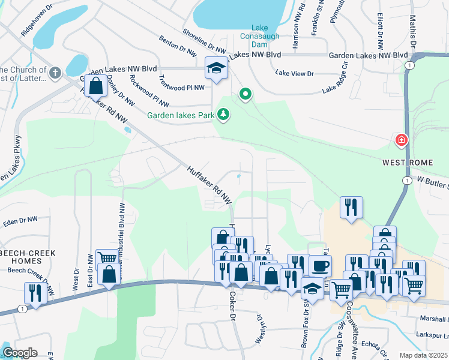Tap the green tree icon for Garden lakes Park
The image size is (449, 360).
pos(223,114)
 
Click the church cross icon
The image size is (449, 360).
pos(55,73)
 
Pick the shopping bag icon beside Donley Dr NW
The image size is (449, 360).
pos(96,86)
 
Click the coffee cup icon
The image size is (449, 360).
pos(320,265)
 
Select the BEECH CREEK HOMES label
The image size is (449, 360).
pos(28,257)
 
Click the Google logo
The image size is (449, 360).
pos(19,353)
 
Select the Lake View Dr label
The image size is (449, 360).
pos(295,73)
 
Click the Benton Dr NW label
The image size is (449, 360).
pos(178,46)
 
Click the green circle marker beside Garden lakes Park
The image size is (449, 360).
pos(245,94)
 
